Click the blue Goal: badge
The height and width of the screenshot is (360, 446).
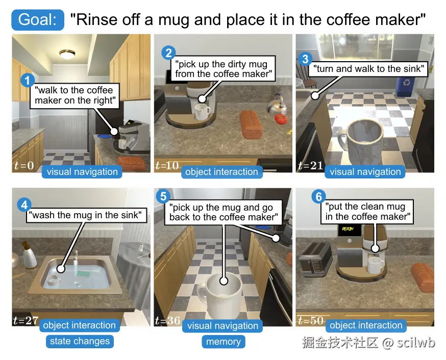[x=38, y=19]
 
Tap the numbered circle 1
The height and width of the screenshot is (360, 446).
[x=28, y=81]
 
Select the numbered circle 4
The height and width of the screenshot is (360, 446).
[x=24, y=205]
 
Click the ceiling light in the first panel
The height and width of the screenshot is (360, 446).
[x=67, y=54]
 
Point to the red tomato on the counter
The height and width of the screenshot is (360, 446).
[x=281, y=118]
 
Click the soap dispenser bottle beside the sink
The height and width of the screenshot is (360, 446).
[x=29, y=255]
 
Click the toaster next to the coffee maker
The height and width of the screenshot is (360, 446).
[x=316, y=260]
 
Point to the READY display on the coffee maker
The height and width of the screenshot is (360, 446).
[x=349, y=229]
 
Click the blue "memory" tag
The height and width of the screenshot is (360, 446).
[x=224, y=341]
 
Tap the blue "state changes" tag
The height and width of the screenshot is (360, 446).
[x=80, y=341]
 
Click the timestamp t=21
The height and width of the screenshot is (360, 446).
[x=311, y=165]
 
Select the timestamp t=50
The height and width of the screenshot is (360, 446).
[x=311, y=321]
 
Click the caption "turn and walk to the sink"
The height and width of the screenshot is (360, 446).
[x=368, y=69]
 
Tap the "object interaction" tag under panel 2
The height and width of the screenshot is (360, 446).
[x=222, y=172]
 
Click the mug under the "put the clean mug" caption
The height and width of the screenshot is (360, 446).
[x=376, y=265]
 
